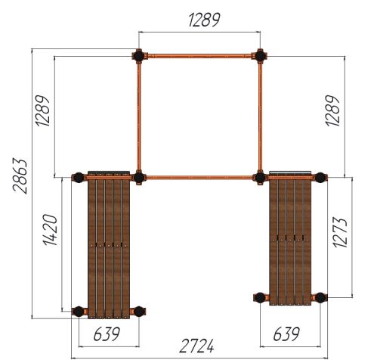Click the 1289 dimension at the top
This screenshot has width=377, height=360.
(204, 20)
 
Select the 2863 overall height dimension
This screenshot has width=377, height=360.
(20, 176)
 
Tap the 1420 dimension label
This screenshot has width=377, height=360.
(51, 230)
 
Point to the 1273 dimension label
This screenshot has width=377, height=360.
(340, 232)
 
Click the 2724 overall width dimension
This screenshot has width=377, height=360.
(196, 346)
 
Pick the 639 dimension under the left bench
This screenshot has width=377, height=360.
(107, 334)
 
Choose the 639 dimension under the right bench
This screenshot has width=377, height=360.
(286, 334)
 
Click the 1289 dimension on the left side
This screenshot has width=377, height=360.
(42, 110)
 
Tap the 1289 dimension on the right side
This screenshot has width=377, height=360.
(332, 110)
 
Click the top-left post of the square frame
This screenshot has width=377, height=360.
(138, 56)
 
